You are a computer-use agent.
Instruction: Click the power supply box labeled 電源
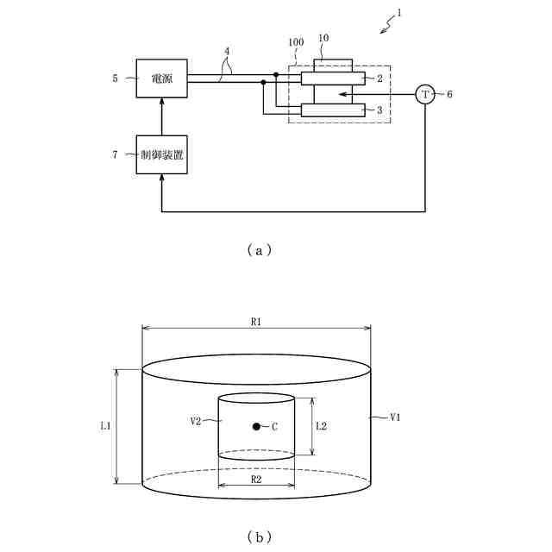pos(161,78)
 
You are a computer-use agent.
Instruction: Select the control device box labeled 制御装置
pos(161,155)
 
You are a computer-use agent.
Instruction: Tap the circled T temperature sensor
pos(424,94)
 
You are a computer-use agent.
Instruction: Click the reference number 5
pos(115,78)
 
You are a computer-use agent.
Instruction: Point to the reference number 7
pos(115,155)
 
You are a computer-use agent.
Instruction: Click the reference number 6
pos(450,94)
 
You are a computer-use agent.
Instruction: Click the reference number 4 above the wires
pos(227,51)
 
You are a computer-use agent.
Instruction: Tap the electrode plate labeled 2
pos(332,78)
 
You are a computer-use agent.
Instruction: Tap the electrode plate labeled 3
pos(332,110)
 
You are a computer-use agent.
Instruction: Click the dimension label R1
pos(256,322)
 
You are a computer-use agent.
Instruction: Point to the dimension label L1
pos(104,426)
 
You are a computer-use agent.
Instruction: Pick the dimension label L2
pos(321,426)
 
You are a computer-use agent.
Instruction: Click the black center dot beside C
pos(256,427)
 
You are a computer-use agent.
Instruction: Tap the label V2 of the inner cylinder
pos(196,421)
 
